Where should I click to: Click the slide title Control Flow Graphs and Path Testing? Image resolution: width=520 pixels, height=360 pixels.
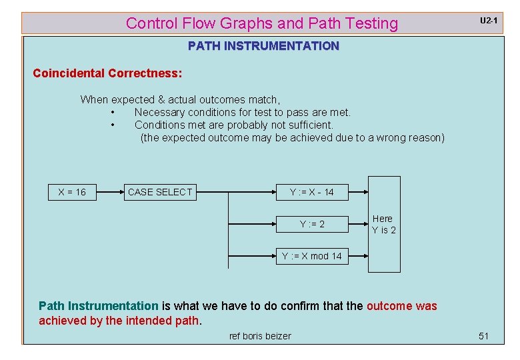click(261, 23)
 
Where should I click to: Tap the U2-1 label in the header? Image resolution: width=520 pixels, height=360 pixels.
click(489, 21)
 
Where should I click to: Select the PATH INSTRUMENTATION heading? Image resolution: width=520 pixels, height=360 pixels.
click(263, 46)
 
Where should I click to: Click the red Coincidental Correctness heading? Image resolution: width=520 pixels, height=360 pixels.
click(107, 73)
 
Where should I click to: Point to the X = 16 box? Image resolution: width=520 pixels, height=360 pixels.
click(72, 192)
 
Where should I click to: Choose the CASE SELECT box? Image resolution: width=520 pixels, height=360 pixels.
click(160, 192)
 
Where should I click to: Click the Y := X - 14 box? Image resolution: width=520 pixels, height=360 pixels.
click(311, 192)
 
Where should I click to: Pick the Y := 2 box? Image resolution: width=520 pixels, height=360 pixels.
click(312, 224)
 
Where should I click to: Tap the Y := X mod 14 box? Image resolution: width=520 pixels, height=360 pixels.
click(311, 256)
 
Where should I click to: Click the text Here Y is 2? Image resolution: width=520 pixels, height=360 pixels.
click(383, 224)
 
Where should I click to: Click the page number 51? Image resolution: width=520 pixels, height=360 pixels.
click(484, 336)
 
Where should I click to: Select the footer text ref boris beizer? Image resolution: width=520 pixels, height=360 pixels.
click(260, 336)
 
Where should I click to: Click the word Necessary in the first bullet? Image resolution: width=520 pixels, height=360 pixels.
click(160, 112)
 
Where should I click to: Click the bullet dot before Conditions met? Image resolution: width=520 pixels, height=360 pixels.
click(115, 125)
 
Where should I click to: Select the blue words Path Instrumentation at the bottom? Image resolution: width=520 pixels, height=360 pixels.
click(99, 306)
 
